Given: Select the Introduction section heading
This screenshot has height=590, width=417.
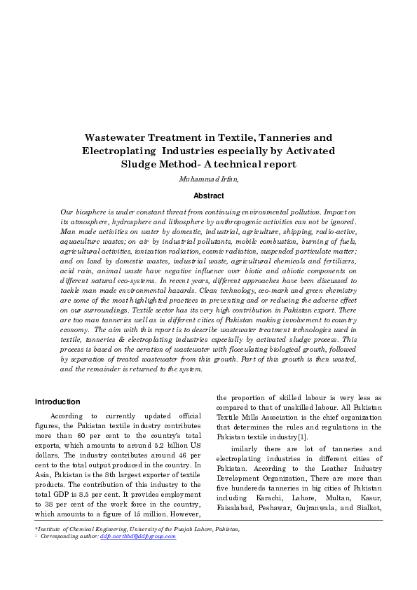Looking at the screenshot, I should [x=58, y=402].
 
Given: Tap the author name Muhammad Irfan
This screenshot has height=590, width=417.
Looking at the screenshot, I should [x=208, y=179].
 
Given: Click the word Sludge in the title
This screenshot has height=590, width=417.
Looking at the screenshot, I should [x=141, y=165].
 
